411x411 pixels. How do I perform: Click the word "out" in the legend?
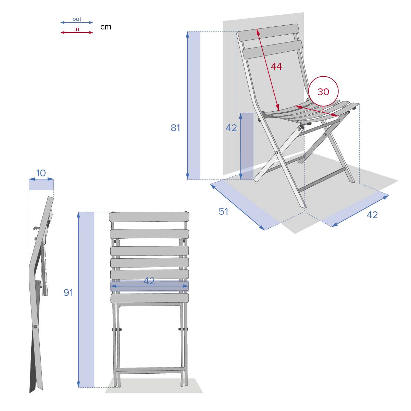77,19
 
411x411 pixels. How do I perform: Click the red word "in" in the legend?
77,29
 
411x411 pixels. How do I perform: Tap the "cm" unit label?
106,27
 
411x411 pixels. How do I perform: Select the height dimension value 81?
175,128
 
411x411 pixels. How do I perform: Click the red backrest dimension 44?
276,66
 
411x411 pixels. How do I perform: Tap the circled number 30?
323,92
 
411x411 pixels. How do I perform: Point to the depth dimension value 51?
224,212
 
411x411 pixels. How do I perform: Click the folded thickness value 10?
41,173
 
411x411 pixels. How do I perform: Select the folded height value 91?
68,292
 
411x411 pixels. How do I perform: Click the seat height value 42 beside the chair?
231,128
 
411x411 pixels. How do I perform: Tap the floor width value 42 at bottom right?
372,215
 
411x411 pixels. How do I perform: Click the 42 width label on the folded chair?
149,281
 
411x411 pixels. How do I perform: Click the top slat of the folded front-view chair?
149,217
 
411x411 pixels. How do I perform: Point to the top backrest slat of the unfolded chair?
268,33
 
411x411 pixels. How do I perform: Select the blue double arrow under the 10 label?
41,179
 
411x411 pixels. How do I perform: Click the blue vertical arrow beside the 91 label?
78,300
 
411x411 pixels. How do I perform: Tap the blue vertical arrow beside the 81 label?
187,105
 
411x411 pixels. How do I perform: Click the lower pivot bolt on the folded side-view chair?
35,326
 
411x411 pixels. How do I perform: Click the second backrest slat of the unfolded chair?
273,49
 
